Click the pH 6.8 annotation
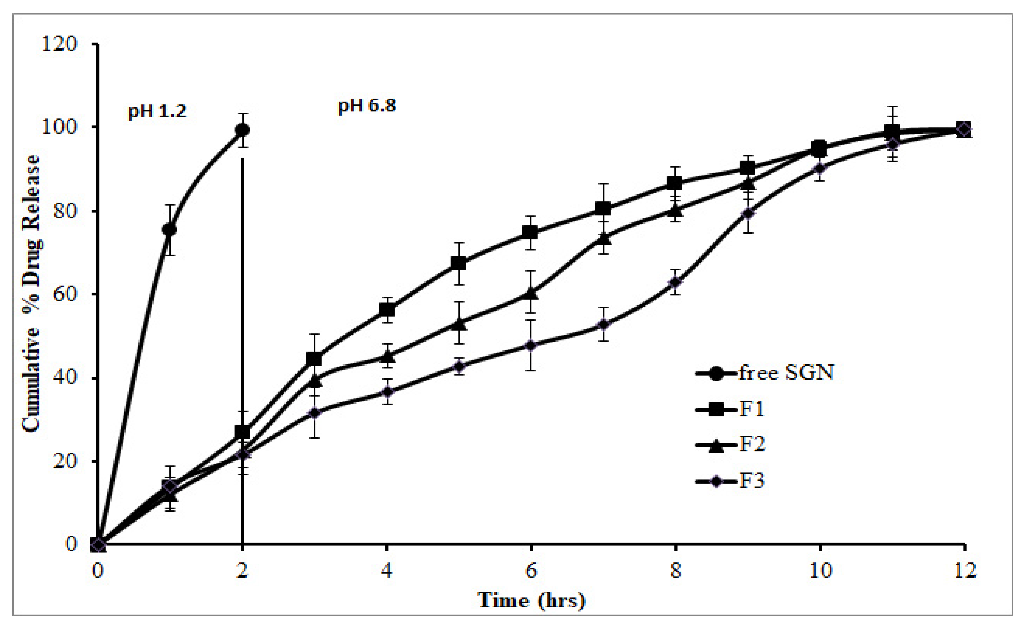[x=367, y=105]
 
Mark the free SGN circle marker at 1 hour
[x=169, y=229]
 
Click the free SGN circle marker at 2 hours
[x=242, y=130]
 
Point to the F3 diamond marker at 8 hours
[x=675, y=282]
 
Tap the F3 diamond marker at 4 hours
[x=387, y=392]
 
